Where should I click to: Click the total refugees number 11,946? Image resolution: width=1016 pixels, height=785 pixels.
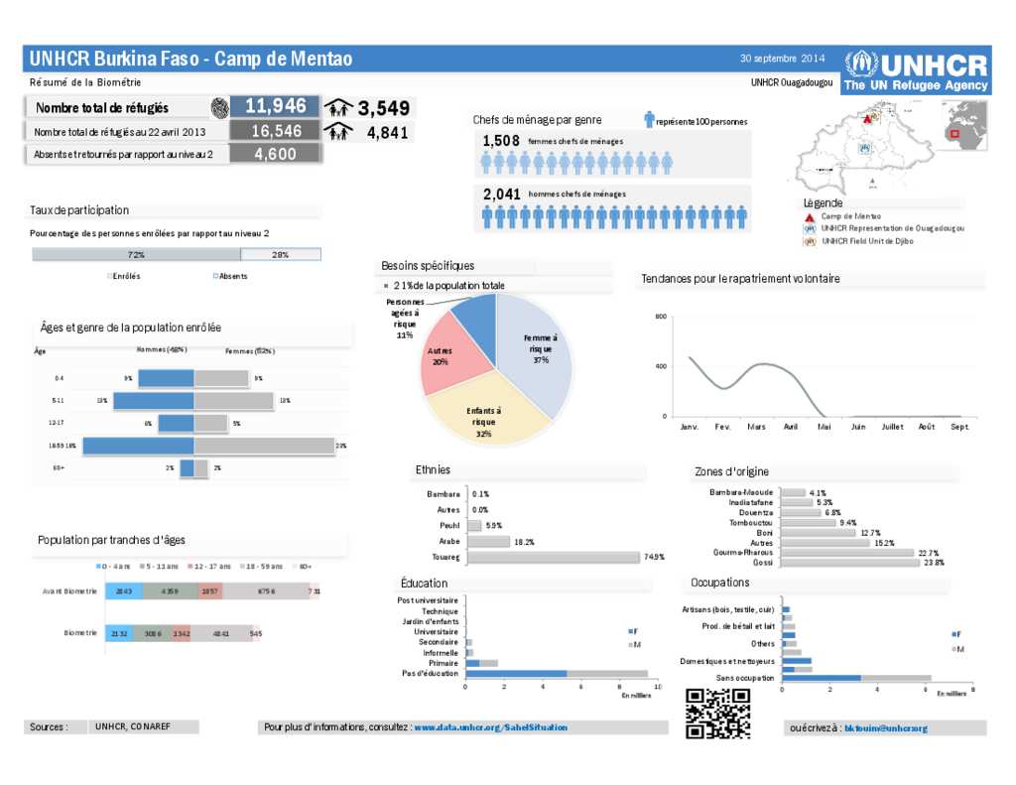(275, 106)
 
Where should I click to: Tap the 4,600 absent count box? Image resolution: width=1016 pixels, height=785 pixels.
(275, 154)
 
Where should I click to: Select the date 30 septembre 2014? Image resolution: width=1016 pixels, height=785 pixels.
(782, 58)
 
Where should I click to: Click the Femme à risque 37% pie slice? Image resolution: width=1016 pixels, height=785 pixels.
(536, 352)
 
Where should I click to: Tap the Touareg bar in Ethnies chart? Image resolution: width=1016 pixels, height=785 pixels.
(553, 558)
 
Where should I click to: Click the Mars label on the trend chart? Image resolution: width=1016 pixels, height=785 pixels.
(756, 427)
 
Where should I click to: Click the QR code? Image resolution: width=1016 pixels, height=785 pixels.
(717, 713)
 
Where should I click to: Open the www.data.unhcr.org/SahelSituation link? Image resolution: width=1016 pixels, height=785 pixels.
(490, 727)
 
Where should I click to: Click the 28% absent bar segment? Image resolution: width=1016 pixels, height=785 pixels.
(281, 255)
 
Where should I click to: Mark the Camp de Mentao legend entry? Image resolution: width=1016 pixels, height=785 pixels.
(850, 216)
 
